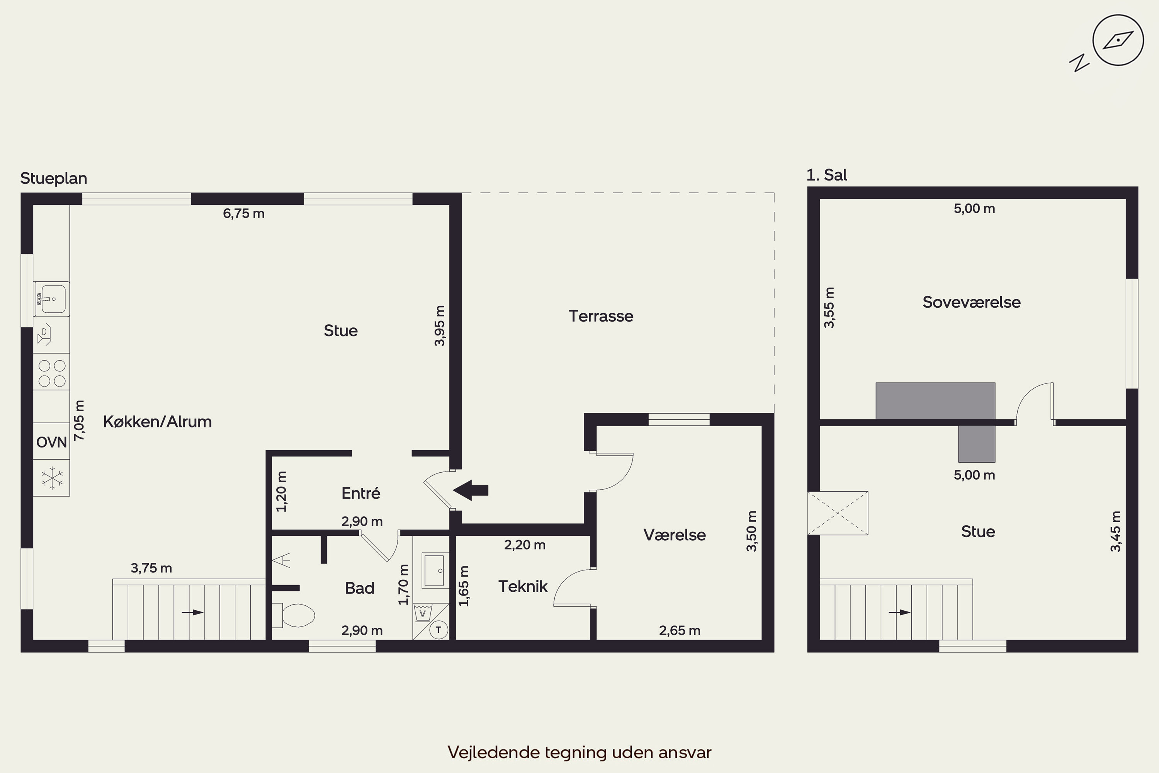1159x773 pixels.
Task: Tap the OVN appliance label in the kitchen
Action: tap(52, 442)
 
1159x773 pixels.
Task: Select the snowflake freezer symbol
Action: tap(52, 478)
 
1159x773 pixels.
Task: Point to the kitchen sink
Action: tap(51, 299)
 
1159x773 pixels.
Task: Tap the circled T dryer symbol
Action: tap(438, 630)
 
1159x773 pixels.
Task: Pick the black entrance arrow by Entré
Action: tap(470, 490)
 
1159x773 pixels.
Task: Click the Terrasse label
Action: tap(601, 316)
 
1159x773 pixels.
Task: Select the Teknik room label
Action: tap(523, 586)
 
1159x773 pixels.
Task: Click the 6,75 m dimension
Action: tap(243, 213)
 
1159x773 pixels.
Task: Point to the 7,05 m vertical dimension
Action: tap(79, 421)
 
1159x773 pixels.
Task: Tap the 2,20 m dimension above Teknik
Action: tap(525, 545)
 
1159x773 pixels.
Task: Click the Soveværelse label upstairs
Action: tap(971, 302)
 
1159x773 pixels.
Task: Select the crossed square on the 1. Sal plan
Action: tap(838, 513)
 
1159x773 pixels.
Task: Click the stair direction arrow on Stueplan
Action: tap(193, 612)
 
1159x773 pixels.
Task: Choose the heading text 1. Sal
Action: tap(827, 175)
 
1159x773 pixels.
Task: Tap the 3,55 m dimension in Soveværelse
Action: tap(829, 308)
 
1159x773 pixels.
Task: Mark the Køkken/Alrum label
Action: tap(157, 422)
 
